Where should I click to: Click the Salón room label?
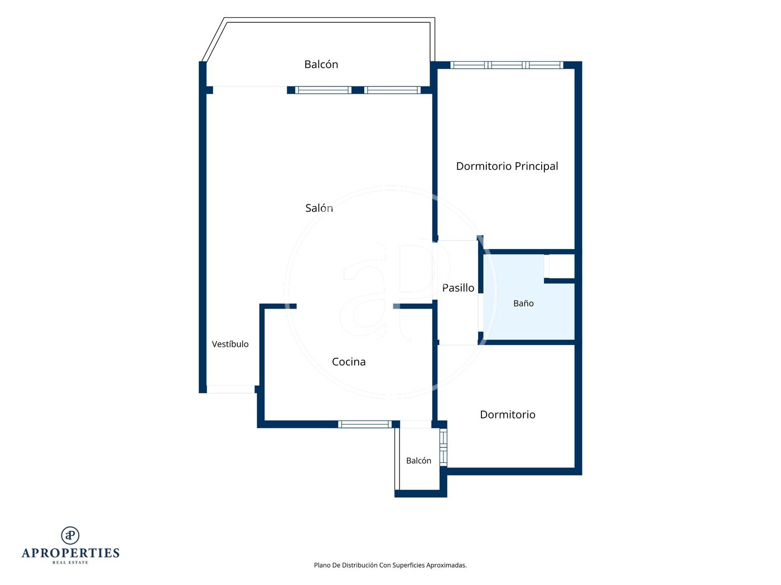pyautogui.click(x=319, y=208)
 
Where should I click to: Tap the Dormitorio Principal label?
pyautogui.click(x=507, y=166)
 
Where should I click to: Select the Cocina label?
pyautogui.click(x=348, y=362)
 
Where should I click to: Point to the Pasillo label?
pyautogui.click(x=458, y=287)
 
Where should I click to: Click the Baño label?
pyautogui.click(x=523, y=303)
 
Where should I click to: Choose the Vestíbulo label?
pyautogui.click(x=230, y=344)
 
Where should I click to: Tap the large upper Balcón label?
pyautogui.click(x=321, y=64)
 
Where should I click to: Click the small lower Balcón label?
pyautogui.click(x=418, y=460)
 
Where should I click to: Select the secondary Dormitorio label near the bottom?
pyautogui.click(x=508, y=415)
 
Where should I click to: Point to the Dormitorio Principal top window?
pyautogui.click(x=507, y=65)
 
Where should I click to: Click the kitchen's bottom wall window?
pyautogui.click(x=365, y=424)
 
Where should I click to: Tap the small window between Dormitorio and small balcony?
pyautogui.click(x=443, y=447)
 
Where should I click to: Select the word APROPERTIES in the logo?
pyautogui.click(x=70, y=553)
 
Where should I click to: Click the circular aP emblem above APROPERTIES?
pyautogui.click(x=70, y=535)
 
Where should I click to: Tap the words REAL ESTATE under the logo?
pyautogui.click(x=70, y=562)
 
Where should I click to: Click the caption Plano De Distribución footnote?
pyautogui.click(x=390, y=565)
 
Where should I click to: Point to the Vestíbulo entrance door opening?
pyautogui.click(x=230, y=389)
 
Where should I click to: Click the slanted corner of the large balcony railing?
pyautogui.click(x=214, y=40)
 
